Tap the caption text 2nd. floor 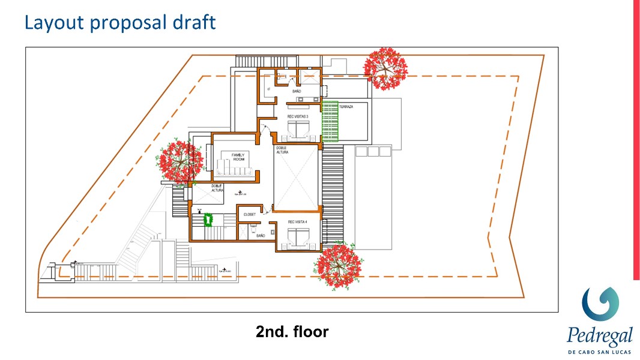coord(292,331)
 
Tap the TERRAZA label coord(346,106)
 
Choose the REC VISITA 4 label coord(297,221)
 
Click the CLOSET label coord(250,214)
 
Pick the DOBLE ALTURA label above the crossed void coord(282,150)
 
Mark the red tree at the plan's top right coord(385,68)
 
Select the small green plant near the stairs coord(209,220)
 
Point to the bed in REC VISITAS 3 coord(298,130)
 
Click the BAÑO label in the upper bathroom coord(297,91)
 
